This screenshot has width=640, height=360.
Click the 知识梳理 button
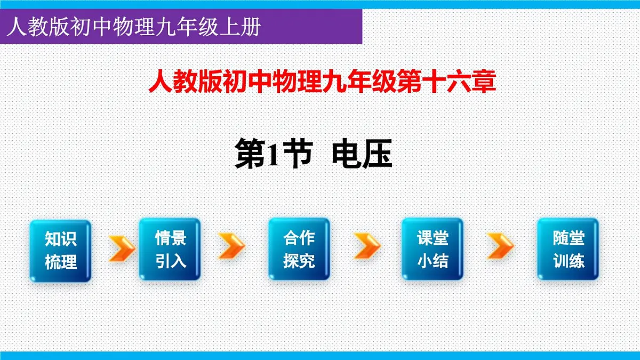61,250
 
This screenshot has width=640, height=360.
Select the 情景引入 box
170,249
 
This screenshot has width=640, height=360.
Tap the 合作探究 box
299,249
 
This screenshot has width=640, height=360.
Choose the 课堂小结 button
433,249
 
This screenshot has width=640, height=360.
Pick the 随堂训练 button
568,249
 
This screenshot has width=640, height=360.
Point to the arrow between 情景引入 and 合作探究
232,246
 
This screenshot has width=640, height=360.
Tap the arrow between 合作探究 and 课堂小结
367,246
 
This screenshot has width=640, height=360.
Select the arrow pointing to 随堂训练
501,246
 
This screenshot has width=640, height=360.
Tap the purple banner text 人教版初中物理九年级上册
133,27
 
